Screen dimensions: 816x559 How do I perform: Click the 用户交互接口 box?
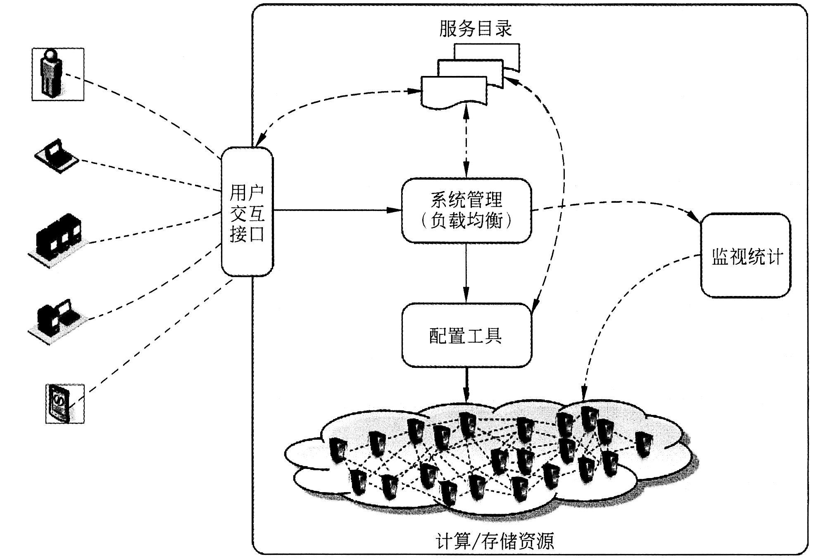click(247, 211)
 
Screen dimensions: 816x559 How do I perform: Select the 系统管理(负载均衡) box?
click(466, 211)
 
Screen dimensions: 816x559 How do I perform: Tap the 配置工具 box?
click(467, 335)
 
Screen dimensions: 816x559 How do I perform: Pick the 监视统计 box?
click(746, 255)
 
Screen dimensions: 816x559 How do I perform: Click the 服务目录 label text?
click(475, 28)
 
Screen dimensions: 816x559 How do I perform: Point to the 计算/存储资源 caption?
click(495, 540)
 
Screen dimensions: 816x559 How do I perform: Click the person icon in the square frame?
click(58, 74)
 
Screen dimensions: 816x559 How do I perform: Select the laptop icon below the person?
click(56, 156)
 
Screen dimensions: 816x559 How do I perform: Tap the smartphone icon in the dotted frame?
click(65, 403)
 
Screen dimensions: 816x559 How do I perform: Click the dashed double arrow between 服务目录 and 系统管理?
click(466, 141)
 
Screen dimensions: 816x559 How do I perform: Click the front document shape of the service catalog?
click(454, 92)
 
